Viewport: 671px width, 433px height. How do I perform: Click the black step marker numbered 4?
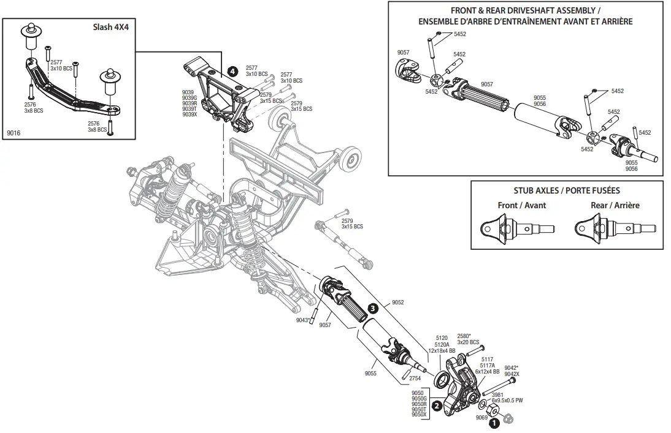(232, 71)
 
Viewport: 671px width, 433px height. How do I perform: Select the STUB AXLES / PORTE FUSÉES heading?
(567, 190)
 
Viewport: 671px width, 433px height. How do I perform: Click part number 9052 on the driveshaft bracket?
(397, 303)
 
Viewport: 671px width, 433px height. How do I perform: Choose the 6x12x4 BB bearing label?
(488, 371)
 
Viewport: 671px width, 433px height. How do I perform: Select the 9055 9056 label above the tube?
(540, 100)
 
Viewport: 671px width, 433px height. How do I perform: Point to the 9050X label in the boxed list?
(418, 415)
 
